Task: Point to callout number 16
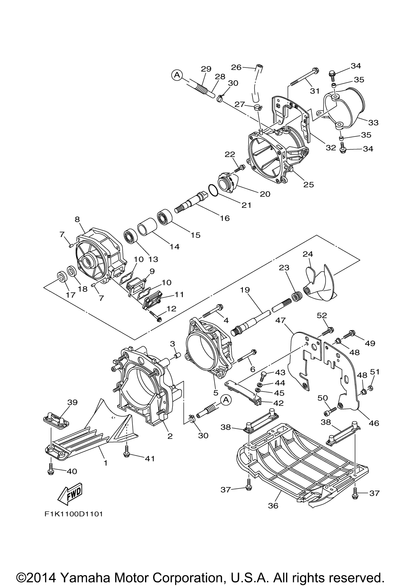click(x=225, y=218)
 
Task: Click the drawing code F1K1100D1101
click(x=74, y=514)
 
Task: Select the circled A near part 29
click(x=178, y=75)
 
